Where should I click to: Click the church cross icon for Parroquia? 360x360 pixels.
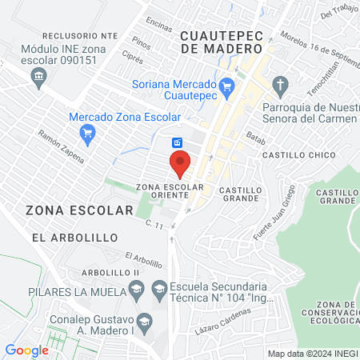coord(280,85)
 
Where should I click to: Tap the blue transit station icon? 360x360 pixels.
coord(178,142)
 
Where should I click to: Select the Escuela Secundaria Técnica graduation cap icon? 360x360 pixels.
coord(159,286)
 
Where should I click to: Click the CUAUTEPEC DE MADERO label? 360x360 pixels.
coord(217,42)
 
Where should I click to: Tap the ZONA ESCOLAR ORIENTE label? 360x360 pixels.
coord(170,191)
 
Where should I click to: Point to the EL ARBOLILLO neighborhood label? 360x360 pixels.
coord(74,238)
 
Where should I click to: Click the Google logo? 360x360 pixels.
coord(26,350)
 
